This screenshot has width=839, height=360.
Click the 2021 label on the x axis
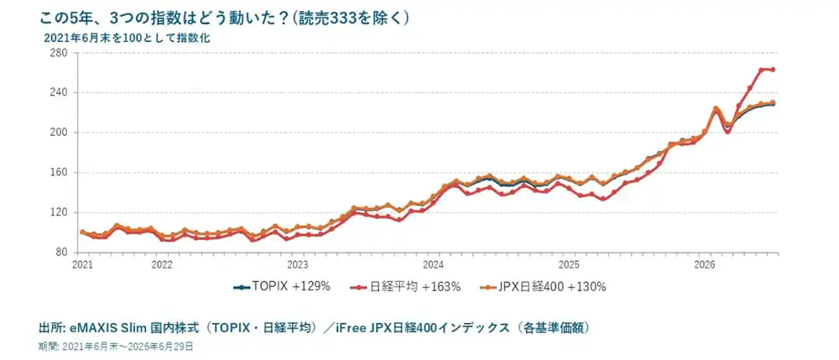click(81, 265)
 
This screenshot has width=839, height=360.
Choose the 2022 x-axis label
click(162, 265)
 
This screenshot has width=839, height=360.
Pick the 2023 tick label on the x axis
click(298, 265)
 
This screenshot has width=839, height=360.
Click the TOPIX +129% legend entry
click(282, 287)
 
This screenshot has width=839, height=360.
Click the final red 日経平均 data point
click(774, 70)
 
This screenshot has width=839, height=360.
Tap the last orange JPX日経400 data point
click(774, 102)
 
